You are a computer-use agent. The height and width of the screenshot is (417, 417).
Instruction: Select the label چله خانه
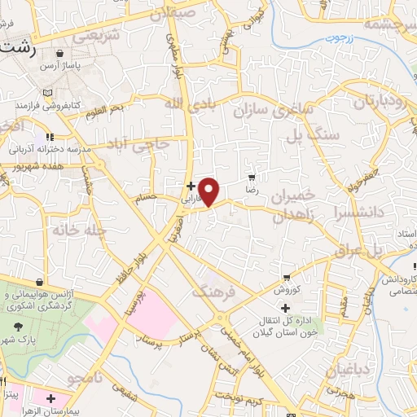click(x=80, y=230)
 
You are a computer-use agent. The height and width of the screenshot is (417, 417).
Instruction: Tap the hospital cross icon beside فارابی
click(x=191, y=185)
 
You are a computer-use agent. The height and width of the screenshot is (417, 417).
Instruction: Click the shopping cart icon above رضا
click(x=252, y=177)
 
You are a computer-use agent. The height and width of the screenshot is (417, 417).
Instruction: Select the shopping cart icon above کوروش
click(x=286, y=277)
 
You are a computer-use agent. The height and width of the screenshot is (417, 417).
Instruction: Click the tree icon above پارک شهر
click(x=19, y=323)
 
